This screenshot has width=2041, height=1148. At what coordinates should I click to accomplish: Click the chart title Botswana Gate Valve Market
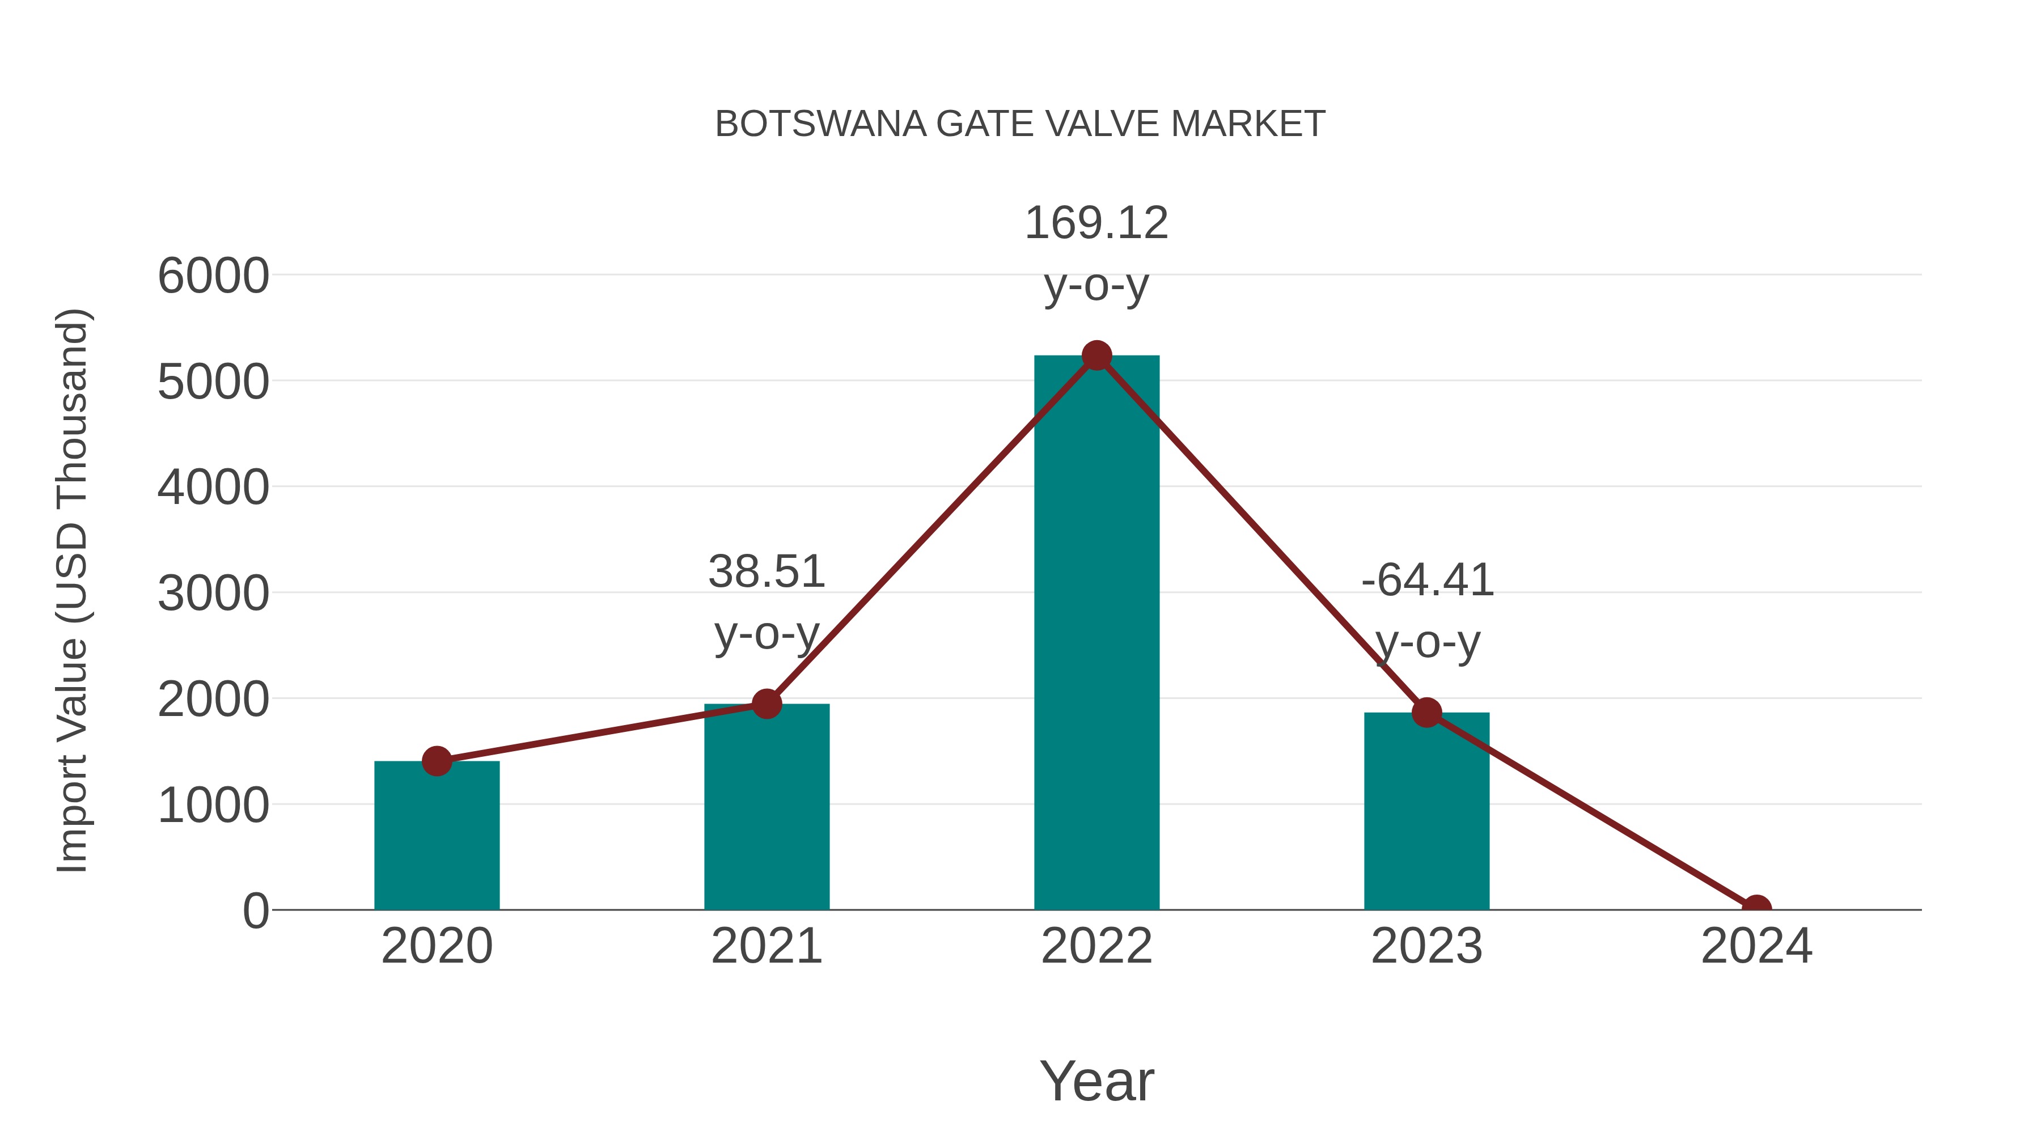1020,124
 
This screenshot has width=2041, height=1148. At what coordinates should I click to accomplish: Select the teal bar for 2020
437,840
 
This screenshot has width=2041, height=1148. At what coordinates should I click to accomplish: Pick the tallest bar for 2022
1096,634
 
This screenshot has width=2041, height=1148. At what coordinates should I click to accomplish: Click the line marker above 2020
437,761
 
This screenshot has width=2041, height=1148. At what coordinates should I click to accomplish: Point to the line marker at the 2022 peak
1096,355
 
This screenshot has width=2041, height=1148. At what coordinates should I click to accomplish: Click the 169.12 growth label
1096,223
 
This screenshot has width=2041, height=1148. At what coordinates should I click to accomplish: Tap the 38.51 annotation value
766,572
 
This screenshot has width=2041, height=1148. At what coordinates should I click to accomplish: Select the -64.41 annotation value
1427,581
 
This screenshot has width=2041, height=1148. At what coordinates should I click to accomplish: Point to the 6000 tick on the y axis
213,277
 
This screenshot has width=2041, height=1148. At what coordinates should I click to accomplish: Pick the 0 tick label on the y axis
255,911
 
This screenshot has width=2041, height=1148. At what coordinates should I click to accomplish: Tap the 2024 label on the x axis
1756,947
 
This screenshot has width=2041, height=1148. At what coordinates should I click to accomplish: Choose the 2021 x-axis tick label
766,947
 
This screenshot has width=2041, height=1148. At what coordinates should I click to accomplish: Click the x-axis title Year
1096,1082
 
